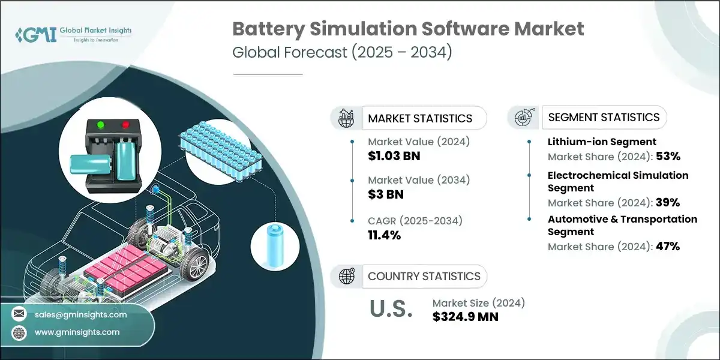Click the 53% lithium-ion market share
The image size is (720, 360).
point(668,157)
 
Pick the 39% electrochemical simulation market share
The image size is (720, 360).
point(668,202)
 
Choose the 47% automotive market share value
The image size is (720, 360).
point(668,246)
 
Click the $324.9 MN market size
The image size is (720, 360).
point(465,316)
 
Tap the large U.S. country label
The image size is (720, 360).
point(390,310)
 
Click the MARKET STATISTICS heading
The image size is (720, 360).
point(420,118)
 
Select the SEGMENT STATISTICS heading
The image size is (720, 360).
point(604,117)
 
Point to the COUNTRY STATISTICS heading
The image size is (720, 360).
point(424,276)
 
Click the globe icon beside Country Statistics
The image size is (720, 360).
point(346,276)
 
